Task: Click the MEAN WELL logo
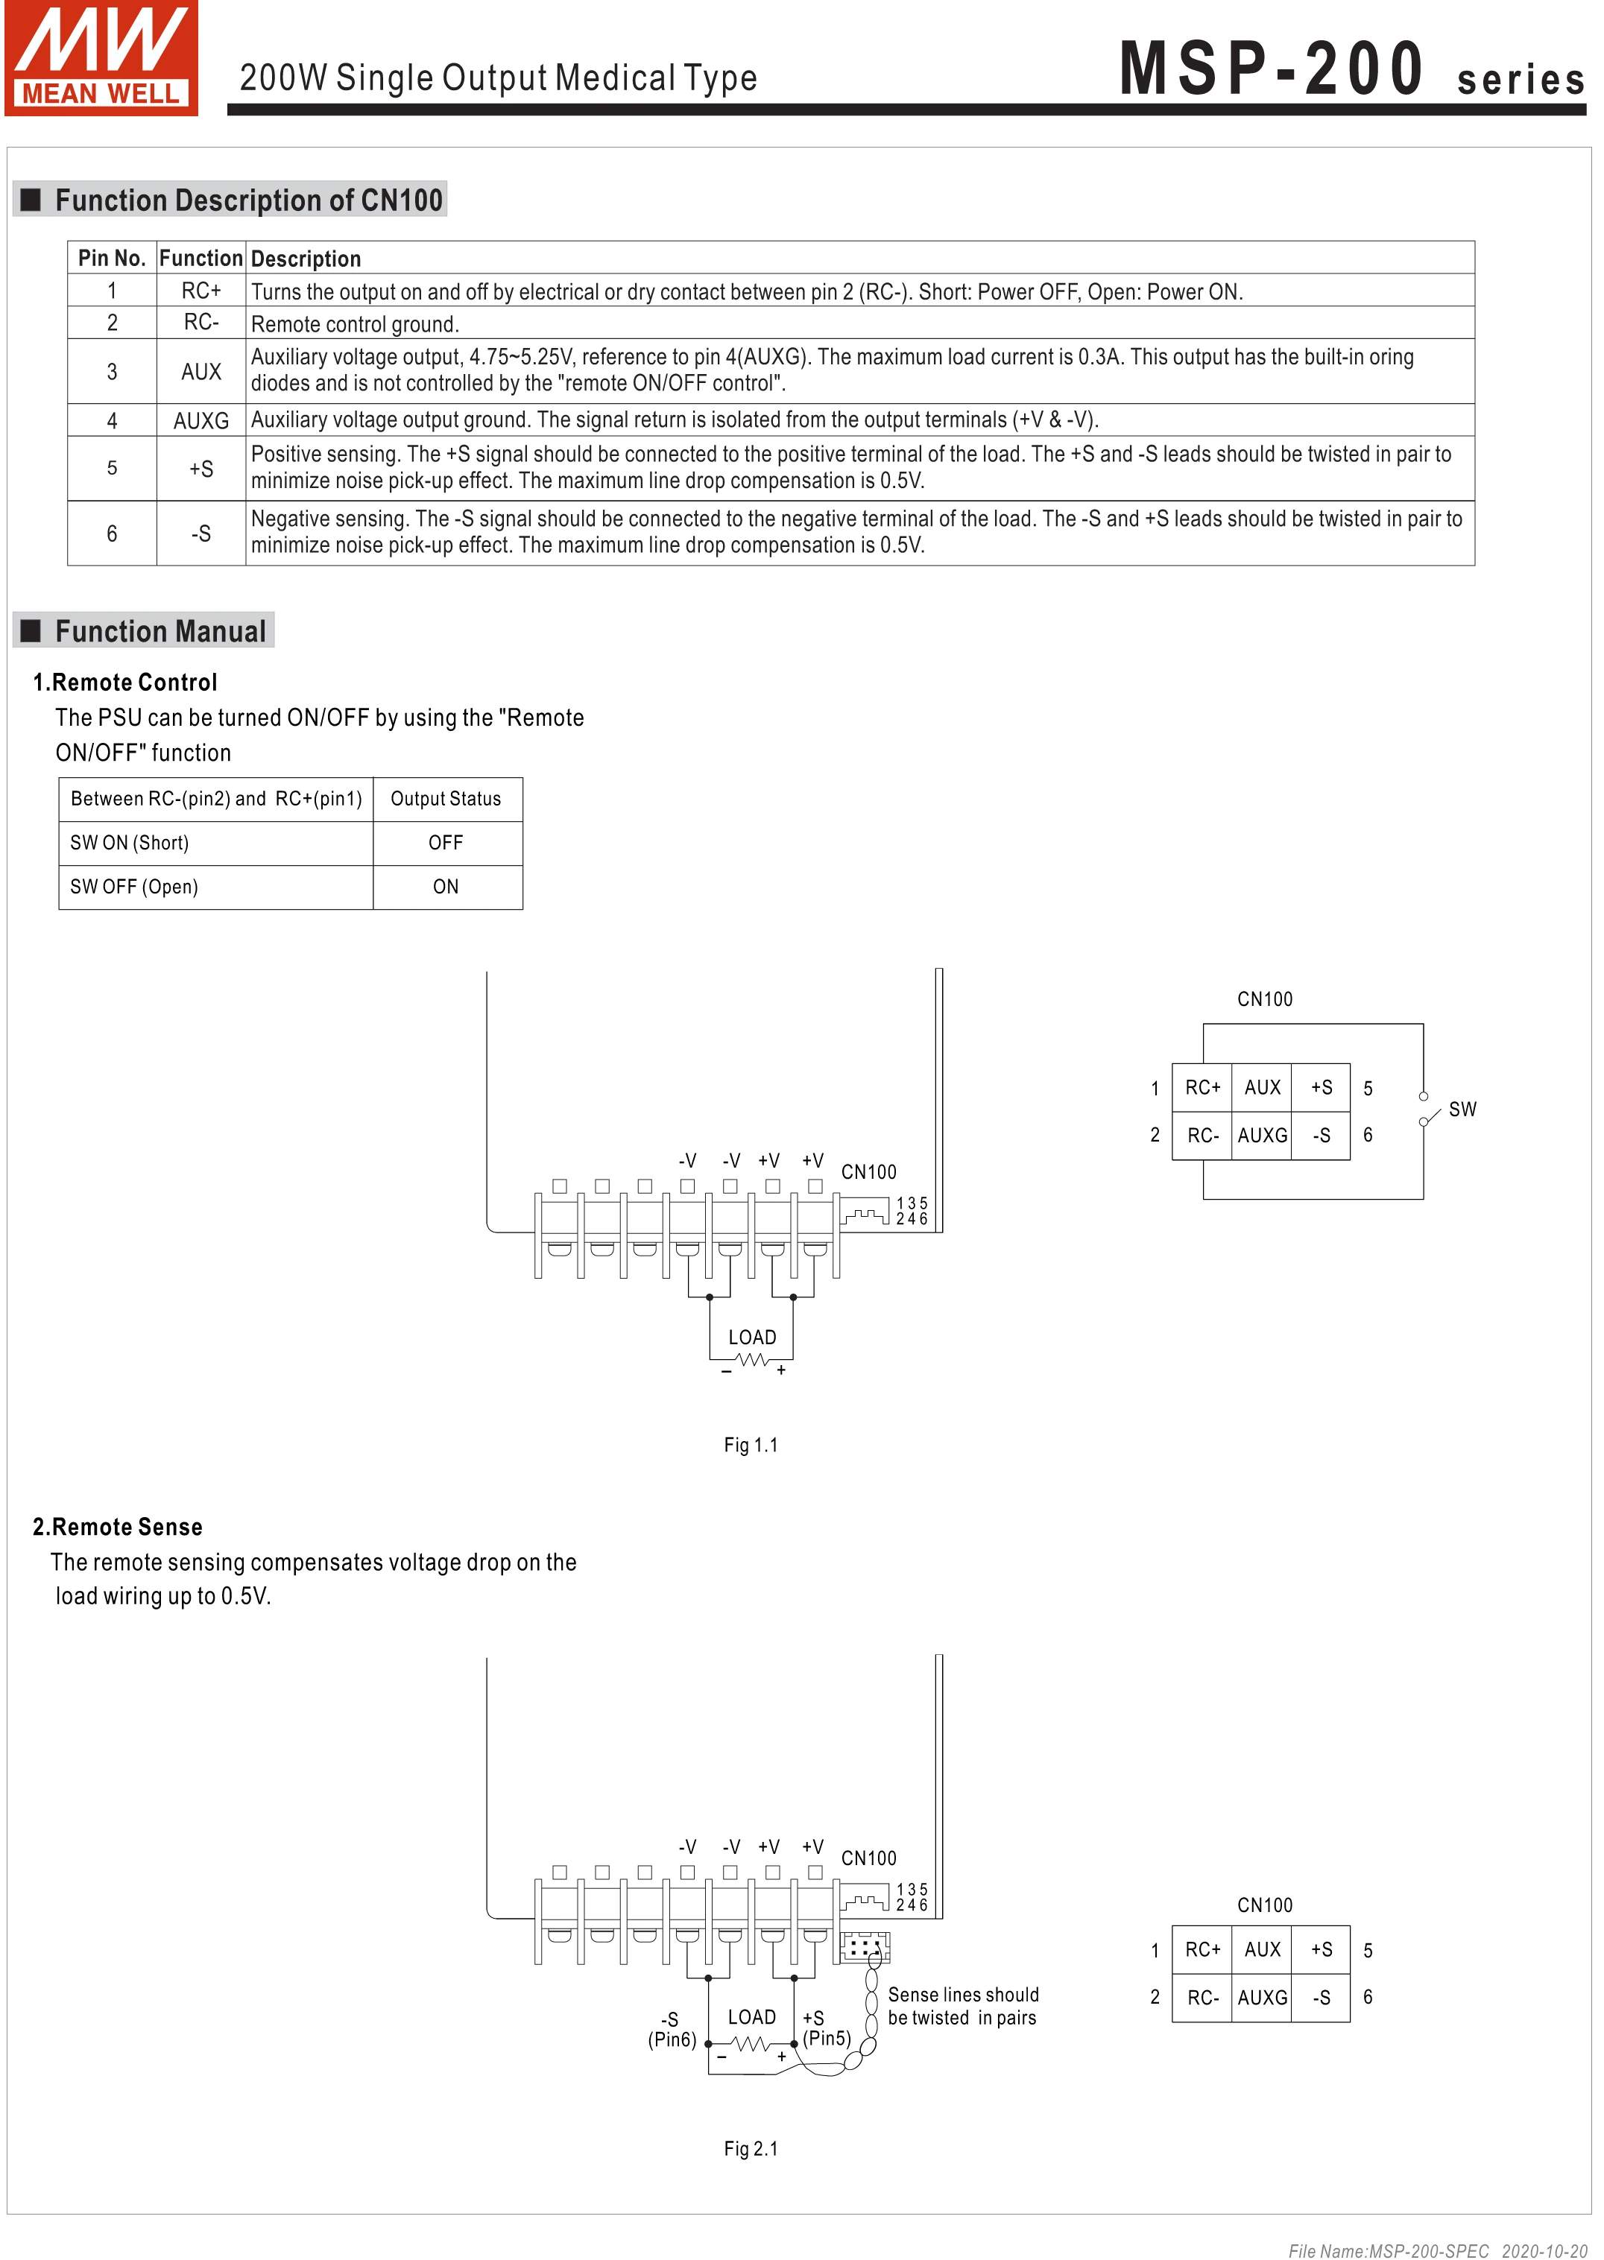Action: (x=101, y=58)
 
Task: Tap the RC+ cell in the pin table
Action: (x=200, y=291)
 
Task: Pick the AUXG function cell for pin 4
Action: (x=200, y=420)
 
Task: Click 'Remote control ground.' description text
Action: (x=355, y=325)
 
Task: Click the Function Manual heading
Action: (x=160, y=631)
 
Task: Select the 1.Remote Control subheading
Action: (x=124, y=683)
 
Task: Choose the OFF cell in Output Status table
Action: (x=446, y=842)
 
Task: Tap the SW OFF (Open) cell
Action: (x=134, y=887)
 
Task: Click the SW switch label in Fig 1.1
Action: (x=1462, y=1109)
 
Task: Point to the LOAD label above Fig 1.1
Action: (x=751, y=1337)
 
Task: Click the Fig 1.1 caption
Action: (x=751, y=1445)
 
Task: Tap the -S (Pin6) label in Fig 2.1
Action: (x=672, y=2029)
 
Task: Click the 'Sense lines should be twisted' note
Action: (x=962, y=2005)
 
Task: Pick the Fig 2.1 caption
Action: (x=751, y=2148)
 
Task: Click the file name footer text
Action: (x=1437, y=2250)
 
